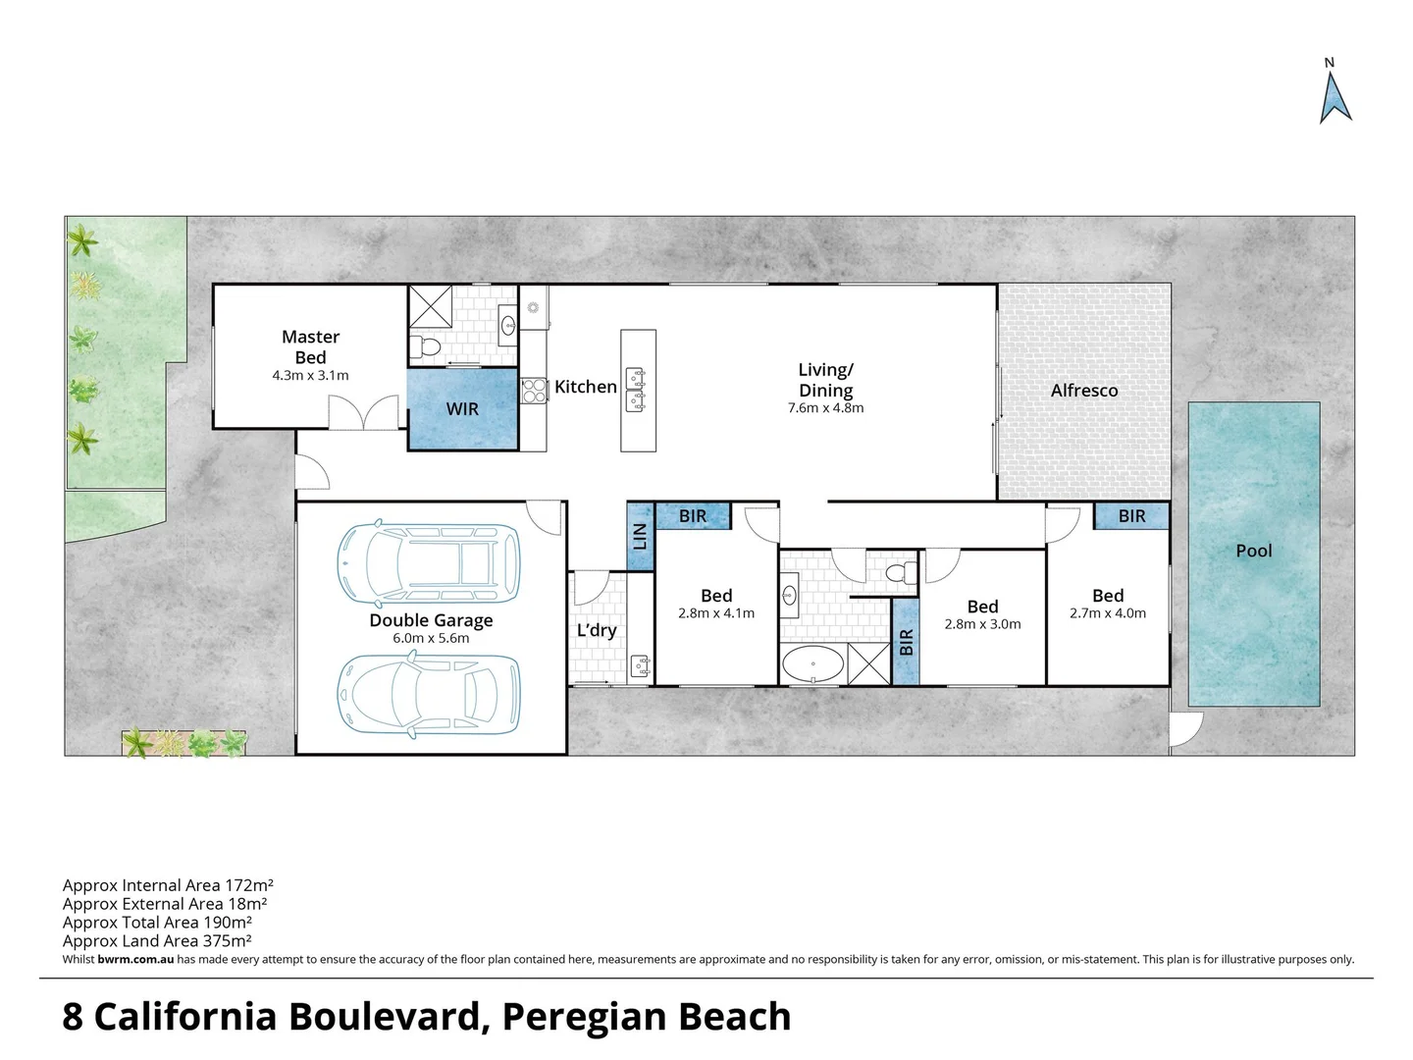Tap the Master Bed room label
(x=310, y=347)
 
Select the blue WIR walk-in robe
(x=462, y=408)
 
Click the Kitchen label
(x=585, y=387)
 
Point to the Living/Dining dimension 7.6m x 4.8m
(x=825, y=408)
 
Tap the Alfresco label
(x=1084, y=391)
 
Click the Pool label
(x=1253, y=551)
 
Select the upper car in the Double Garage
(x=430, y=562)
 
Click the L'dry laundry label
(x=596, y=630)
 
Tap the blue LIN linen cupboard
(x=640, y=536)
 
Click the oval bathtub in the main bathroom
(x=811, y=664)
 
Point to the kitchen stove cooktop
(x=533, y=391)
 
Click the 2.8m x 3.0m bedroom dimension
(x=982, y=624)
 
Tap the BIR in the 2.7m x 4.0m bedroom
(x=1131, y=516)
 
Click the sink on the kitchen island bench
(x=637, y=386)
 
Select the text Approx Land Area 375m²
(x=157, y=940)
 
